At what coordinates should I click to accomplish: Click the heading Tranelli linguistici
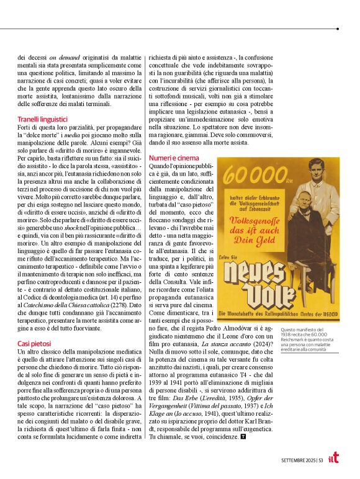(43, 119)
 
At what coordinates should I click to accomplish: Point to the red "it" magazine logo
(333, 458)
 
